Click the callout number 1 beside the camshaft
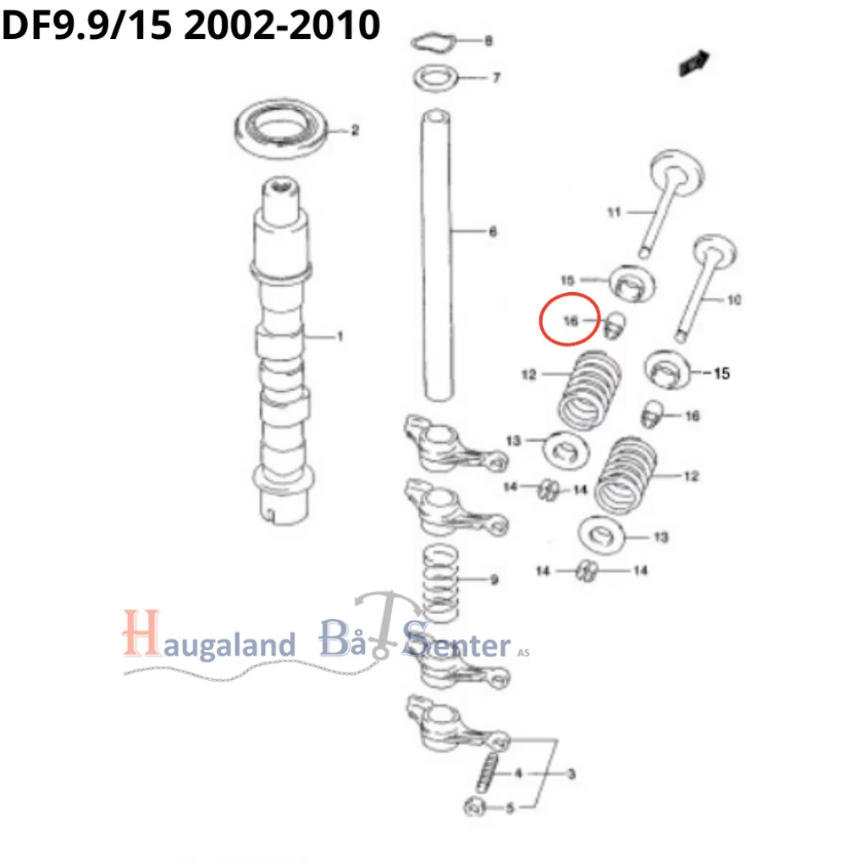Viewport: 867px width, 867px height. pyautogui.click(x=340, y=337)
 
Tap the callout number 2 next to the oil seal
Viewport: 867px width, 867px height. pyautogui.click(x=355, y=130)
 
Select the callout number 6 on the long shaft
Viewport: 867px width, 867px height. pyautogui.click(x=493, y=232)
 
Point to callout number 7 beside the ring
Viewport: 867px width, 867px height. pyautogui.click(x=497, y=79)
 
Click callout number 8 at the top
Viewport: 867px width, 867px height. pyautogui.click(x=488, y=41)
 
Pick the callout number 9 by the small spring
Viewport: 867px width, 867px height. pyautogui.click(x=494, y=580)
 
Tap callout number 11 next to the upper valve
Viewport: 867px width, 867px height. pyautogui.click(x=614, y=213)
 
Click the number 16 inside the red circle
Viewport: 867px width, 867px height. pyautogui.click(x=571, y=322)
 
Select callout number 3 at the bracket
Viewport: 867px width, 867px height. pyautogui.click(x=572, y=773)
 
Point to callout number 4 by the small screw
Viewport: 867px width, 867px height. pyautogui.click(x=518, y=773)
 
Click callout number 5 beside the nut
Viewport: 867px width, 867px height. pyautogui.click(x=510, y=808)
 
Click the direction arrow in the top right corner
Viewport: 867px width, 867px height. pyautogui.click(x=693, y=63)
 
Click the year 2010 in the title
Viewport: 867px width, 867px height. pyautogui.click(x=334, y=25)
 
